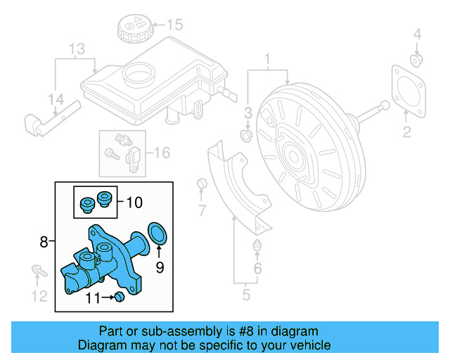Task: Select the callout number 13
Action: [76, 49]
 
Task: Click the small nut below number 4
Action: [416, 59]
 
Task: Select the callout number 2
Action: [406, 131]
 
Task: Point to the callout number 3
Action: [247, 113]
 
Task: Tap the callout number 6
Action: [257, 269]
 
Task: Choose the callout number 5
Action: [245, 295]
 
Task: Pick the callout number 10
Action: [134, 202]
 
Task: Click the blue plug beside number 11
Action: [119, 299]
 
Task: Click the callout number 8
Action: [44, 243]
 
